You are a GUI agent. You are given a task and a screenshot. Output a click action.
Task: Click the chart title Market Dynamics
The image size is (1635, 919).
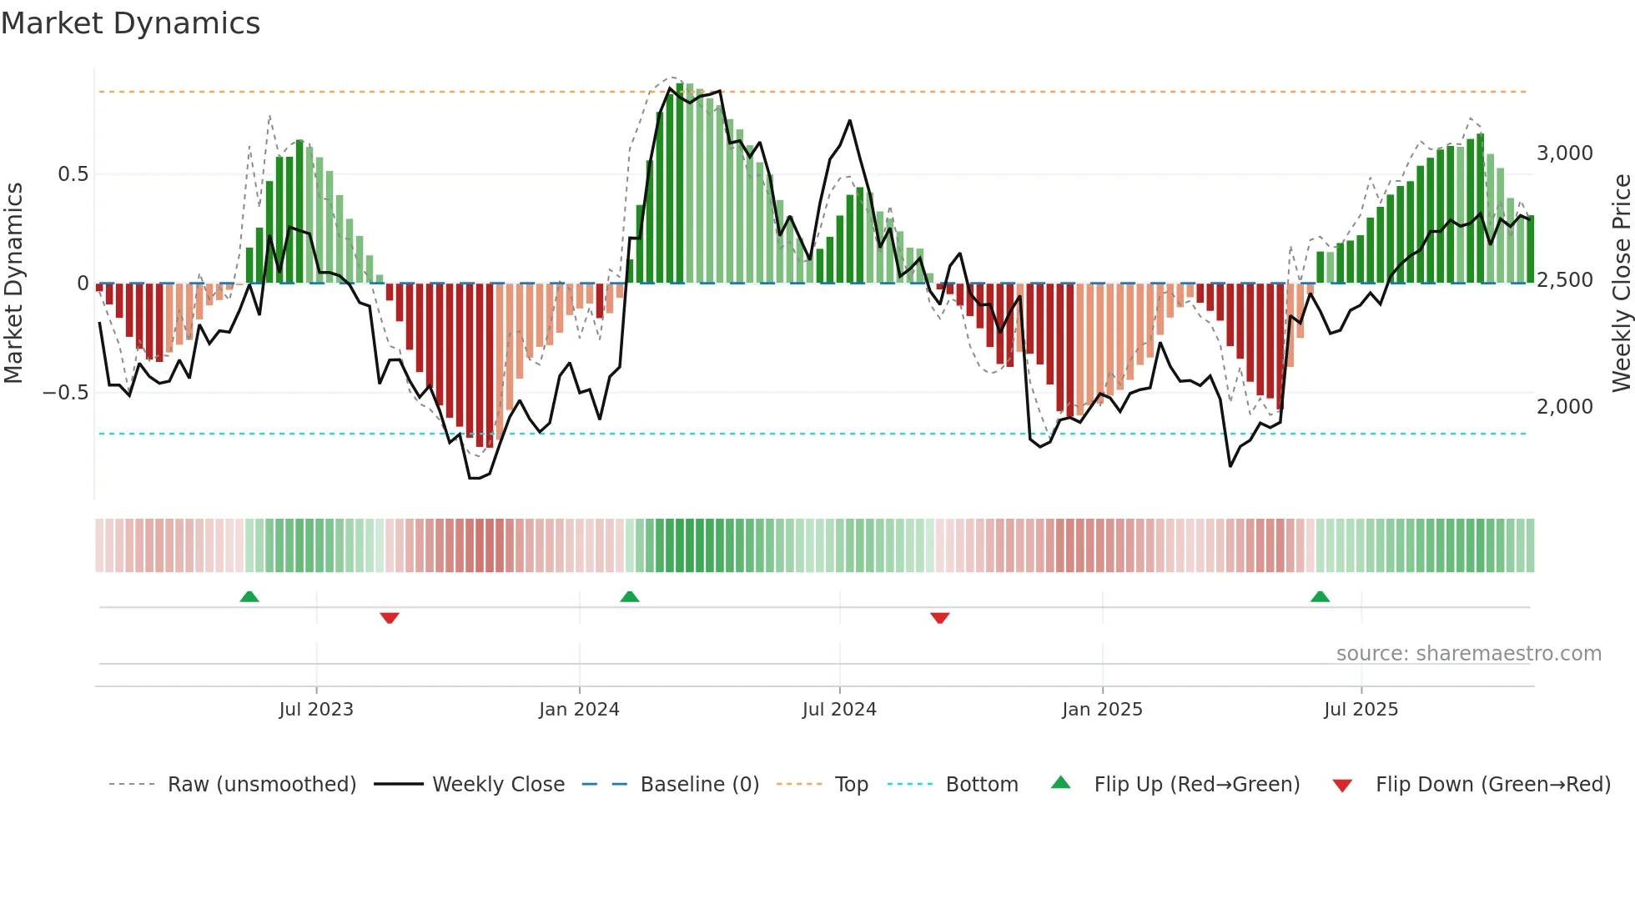click(131, 23)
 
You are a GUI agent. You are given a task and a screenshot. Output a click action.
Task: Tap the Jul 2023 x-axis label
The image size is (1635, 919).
click(316, 710)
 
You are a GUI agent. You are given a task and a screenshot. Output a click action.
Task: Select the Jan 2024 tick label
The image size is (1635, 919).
click(579, 710)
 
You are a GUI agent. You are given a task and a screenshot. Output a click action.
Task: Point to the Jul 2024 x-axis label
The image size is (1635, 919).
click(839, 710)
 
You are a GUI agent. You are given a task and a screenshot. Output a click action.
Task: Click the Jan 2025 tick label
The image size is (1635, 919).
click(1102, 710)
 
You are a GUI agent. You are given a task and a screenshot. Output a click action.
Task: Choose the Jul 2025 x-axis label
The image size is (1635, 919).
click(1361, 710)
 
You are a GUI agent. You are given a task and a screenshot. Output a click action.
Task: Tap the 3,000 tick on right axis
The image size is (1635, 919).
click(1564, 153)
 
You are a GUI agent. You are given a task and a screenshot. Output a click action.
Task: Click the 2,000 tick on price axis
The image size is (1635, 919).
click(1564, 407)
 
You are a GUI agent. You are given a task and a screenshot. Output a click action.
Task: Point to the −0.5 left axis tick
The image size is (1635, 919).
click(65, 393)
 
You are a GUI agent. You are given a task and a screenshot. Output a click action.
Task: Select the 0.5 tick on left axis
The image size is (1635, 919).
click(73, 174)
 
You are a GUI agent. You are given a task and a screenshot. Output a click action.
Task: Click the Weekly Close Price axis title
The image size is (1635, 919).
click(1621, 284)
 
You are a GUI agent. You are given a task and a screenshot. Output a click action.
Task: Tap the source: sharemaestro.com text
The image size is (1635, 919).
click(1468, 654)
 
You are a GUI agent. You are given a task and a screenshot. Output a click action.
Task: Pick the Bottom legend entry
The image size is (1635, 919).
click(981, 785)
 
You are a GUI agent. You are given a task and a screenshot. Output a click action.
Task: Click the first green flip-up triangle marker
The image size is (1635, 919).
click(249, 597)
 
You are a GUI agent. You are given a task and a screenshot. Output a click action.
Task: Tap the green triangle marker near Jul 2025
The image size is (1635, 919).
click(1320, 597)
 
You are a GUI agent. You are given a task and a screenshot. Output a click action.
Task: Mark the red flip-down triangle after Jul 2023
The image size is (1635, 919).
click(390, 618)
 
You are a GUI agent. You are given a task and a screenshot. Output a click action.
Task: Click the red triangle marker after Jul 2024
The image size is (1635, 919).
click(940, 618)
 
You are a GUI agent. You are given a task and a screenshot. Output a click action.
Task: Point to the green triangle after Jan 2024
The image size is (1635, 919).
click(630, 597)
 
